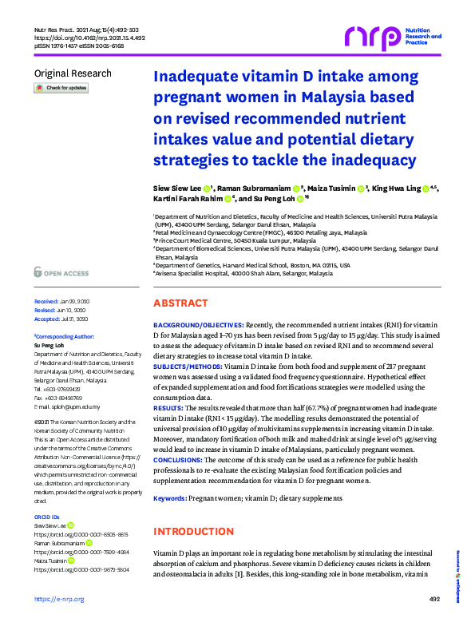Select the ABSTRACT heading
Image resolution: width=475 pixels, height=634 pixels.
click(180, 303)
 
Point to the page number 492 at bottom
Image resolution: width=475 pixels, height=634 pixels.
click(434, 620)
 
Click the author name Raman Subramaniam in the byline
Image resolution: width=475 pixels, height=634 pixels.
click(255, 188)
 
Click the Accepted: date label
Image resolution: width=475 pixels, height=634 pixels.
click(48, 318)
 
